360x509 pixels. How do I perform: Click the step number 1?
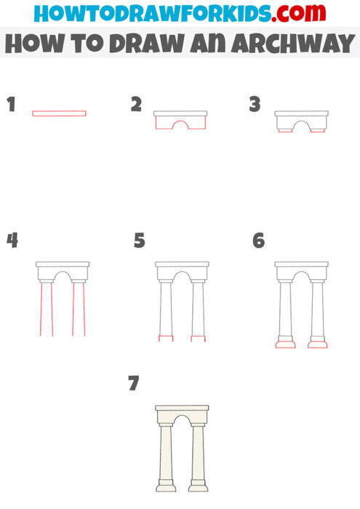(11, 104)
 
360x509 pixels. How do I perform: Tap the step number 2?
(136, 105)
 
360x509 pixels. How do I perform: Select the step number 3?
(255, 105)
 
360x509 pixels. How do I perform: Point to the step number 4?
(12, 240)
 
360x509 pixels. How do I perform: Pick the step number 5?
(140, 241)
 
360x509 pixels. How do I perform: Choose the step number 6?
(258, 241)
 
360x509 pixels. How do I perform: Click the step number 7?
(133, 383)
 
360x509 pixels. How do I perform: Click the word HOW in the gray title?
(30, 44)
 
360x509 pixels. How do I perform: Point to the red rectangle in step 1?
(59, 113)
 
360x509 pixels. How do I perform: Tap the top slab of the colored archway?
(182, 409)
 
